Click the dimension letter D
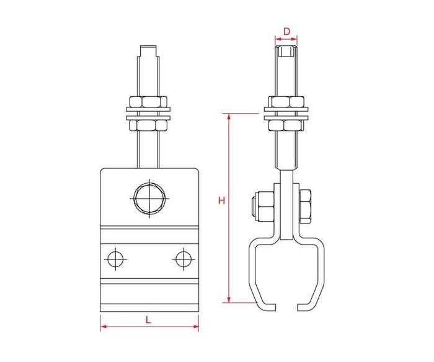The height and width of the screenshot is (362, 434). [x=286, y=31]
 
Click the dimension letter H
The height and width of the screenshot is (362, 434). [x=222, y=201]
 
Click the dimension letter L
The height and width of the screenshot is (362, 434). [x=149, y=320]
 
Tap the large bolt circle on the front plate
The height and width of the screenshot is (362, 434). [x=149, y=199]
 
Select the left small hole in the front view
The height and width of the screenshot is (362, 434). [x=115, y=260]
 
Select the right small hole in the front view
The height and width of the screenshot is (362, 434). [x=184, y=260]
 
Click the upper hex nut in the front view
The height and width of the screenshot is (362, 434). [x=148, y=101]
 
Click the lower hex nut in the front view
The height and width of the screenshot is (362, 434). [x=148, y=125]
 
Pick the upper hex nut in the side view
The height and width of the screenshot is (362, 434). [x=286, y=101]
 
